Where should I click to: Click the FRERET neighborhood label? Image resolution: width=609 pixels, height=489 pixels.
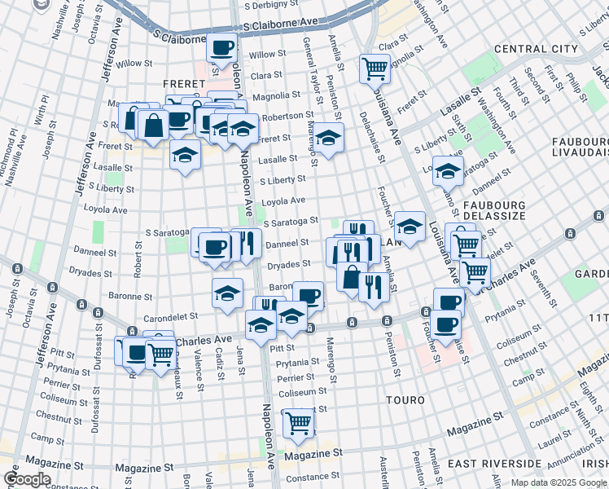[x=177, y=83]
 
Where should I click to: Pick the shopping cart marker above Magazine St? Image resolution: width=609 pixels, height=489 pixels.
[x=299, y=422]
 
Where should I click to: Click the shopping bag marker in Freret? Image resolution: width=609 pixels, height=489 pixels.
[x=153, y=125]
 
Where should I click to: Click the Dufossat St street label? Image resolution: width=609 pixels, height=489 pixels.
[x=97, y=351]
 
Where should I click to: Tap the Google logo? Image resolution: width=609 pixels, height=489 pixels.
[x=26, y=479]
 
